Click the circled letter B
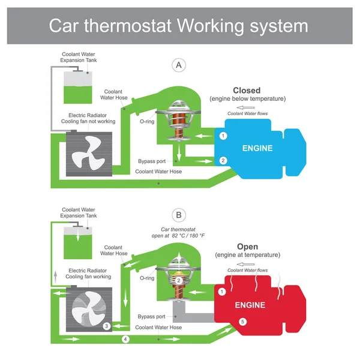click(177, 214)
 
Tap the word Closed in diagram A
click(246, 91)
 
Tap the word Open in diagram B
click(247, 247)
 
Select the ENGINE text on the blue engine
click(257, 148)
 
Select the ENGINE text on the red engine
click(250, 305)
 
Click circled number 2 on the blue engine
click(223, 160)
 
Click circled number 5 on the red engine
click(243, 322)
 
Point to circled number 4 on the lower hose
click(125, 340)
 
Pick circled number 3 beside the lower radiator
click(106, 326)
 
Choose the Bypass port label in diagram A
click(151, 161)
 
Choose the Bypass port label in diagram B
click(151, 316)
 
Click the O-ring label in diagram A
click(147, 121)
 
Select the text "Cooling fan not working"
click(86, 121)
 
